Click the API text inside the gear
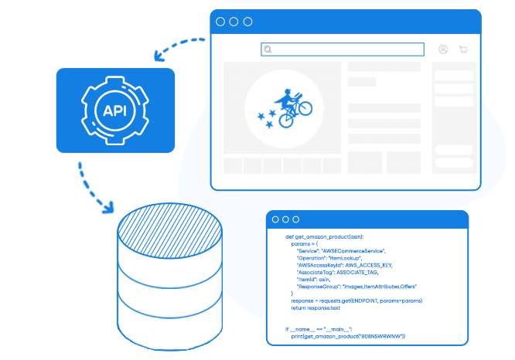[x=115, y=110]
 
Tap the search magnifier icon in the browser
[x=268, y=49]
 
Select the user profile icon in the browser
[x=443, y=49]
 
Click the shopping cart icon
[x=463, y=49]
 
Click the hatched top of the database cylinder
[x=169, y=228]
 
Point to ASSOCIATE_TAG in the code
[x=354, y=272]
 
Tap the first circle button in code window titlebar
[x=275, y=219]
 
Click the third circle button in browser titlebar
[x=247, y=22]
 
